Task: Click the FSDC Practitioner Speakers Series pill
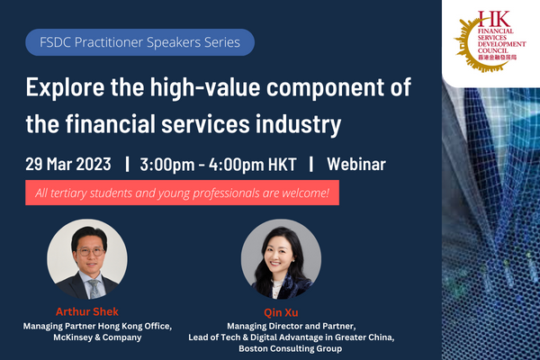139,42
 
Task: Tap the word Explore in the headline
66,87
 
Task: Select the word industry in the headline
298,124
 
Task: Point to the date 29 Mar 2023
68,164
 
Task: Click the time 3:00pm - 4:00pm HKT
218,165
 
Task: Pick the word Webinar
356,164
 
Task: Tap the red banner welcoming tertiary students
182,193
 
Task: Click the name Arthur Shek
87,311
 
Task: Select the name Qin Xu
281,312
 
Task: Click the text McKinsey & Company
97,337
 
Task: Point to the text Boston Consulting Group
291,348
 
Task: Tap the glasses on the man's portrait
91,251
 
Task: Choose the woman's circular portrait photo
281,259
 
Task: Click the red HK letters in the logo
493,19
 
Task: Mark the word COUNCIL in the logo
493,50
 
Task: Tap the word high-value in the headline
205,87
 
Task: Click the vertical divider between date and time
128,164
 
